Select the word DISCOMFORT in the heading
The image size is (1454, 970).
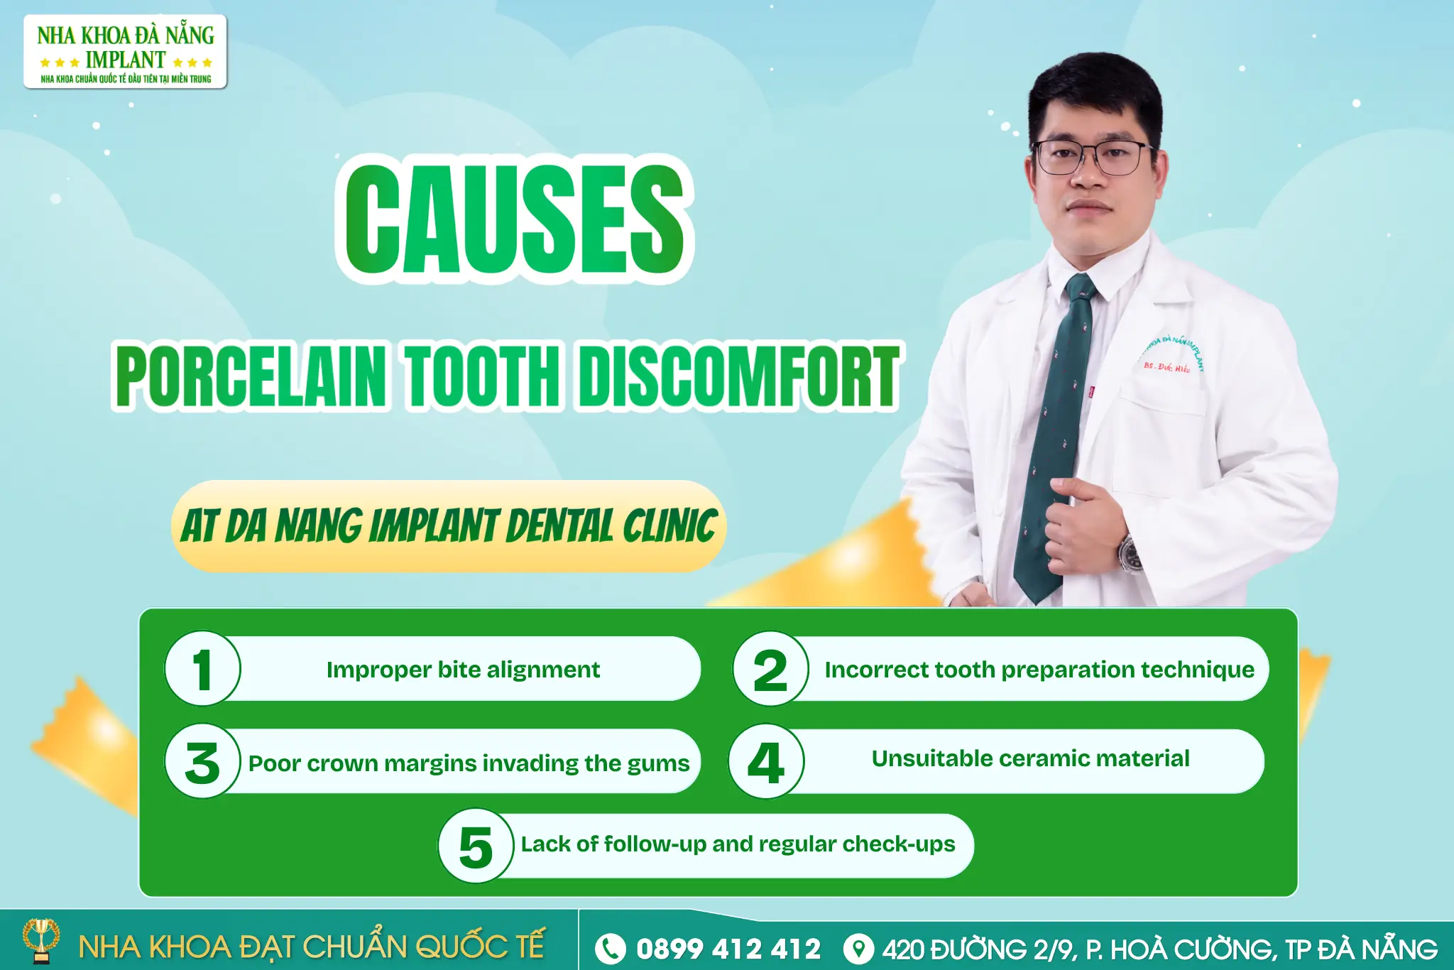pos(738,376)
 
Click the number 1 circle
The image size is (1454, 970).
pos(203,669)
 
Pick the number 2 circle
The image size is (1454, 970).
pos(770,669)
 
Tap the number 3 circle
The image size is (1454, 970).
pos(203,762)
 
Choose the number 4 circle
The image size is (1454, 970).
pos(766,762)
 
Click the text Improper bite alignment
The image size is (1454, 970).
pos(463,670)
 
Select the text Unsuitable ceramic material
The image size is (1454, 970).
pos(1030,758)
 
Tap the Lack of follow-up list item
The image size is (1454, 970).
pos(738,844)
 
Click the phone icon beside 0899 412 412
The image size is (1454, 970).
pos(610,949)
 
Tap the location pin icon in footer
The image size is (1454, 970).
pos(858,949)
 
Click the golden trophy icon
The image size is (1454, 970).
pos(41,940)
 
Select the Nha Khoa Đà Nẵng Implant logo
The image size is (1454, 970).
pos(126,53)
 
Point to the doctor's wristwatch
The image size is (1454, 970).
pos(1130,555)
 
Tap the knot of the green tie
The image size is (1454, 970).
pos(1080,288)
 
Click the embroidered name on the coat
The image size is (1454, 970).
pos(1166,367)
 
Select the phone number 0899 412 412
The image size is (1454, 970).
pos(728,949)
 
